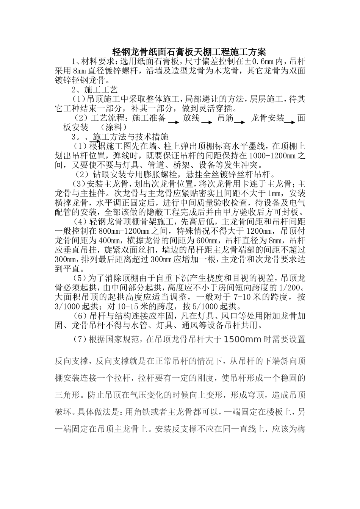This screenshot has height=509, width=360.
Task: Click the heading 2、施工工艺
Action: pyautogui.click(x=95, y=90)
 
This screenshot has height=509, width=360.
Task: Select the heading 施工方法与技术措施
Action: pyautogui.click(x=130, y=136)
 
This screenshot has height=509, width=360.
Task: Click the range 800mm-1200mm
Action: pyautogui.click(x=120, y=231)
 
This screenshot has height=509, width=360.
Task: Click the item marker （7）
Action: pyautogui.click(x=80, y=339)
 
